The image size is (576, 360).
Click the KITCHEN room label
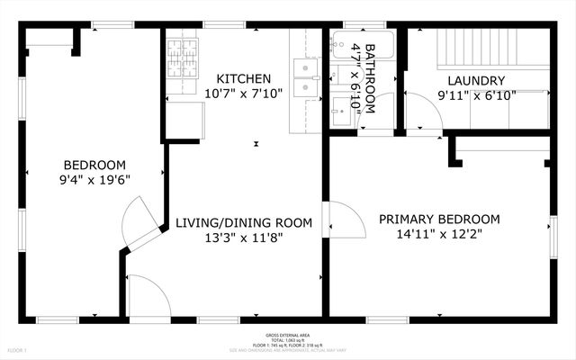[x=238, y=79]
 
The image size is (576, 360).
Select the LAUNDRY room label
[x=463, y=79]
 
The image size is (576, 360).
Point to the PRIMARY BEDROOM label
[x=438, y=219]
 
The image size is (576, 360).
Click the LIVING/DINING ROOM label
[x=243, y=222]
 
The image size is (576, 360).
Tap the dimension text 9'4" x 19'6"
[x=94, y=178]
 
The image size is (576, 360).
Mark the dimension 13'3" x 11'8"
[x=243, y=238]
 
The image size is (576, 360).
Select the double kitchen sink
[x=305, y=76]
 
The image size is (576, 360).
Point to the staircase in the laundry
[x=463, y=46]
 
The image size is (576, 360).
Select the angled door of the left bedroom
[x=139, y=225]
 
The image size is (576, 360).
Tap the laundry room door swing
[x=423, y=113]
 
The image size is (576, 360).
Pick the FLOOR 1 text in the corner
[x=18, y=349]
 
